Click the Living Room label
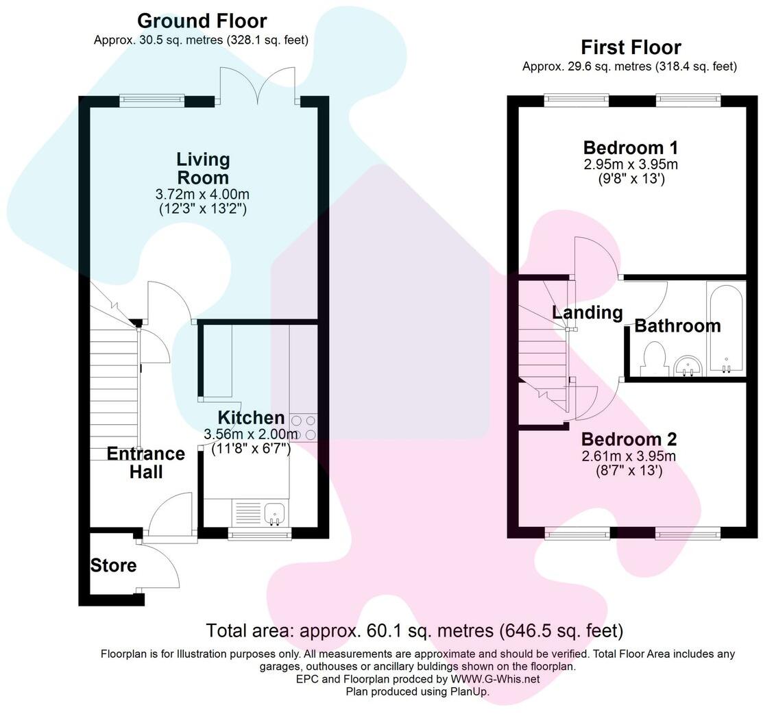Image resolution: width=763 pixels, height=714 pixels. pyautogui.click(x=203, y=169)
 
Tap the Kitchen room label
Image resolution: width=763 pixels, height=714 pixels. pyautogui.click(x=251, y=417)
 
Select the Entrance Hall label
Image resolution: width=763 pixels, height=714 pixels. pyautogui.click(x=146, y=463)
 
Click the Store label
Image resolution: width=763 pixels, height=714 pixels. pyautogui.click(x=114, y=566)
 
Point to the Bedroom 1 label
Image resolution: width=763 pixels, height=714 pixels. pyautogui.click(x=631, y=147)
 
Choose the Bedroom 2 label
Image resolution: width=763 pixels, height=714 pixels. pyautogui.click(x=629, y=439)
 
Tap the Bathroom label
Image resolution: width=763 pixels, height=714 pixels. pyautogui.click(x=677, y=326)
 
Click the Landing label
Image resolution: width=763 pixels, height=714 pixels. pyautogui.click(x=588, y=313)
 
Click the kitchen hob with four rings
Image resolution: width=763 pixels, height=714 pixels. pyautogui.click(x=303, y=428)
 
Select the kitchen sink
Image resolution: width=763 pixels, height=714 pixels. pyautogui.click(x=274, y=512)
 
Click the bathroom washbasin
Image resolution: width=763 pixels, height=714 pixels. pyautogui.click(x=688, y=366)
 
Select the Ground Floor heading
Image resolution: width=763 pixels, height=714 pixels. pyautogui.click(x=202, y=21)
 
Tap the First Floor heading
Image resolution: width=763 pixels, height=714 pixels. pyautogui.click(x=631, y=47)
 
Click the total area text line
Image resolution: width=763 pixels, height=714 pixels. pyautogui.click(x=415, y=630)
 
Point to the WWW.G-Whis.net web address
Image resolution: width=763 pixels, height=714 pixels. pyautogui.click(x=495, y=679)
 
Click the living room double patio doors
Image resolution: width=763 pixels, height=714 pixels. pyautogui.click(x=258, y=86)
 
